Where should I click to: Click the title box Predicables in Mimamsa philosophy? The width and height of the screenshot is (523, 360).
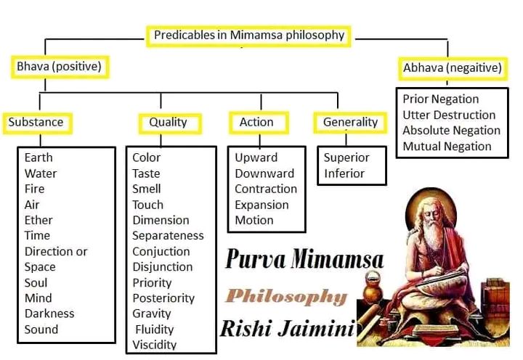[248, 36]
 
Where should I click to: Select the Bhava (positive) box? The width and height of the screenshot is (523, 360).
[60, 67]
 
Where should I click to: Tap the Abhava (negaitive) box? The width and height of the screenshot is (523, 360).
[453, 68]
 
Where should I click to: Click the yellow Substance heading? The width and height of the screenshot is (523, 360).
[37, 123]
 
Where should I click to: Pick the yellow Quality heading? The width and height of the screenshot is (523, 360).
[170, 123]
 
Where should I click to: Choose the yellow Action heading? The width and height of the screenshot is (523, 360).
[259, 123]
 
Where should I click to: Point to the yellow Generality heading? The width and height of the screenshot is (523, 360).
[350, 123]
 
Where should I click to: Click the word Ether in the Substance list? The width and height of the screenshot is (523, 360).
[38, 221]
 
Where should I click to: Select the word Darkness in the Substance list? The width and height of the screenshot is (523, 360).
[49, 314]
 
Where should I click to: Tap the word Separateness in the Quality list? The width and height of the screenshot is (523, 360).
[168, 236]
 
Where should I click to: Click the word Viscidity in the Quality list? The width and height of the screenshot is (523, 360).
[154, 345]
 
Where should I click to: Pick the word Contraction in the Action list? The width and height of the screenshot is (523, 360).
[266, 189]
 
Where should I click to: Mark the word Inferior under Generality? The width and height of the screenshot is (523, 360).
[344, 173]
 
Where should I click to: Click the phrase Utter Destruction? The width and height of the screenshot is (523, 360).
[449, 115]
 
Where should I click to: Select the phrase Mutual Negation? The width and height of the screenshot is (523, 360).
[447, 147]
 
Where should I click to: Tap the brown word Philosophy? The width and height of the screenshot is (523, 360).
[286, 297]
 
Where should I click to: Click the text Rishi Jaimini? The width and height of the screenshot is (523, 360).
[288, 329]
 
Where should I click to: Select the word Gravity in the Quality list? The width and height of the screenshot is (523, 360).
[151, 314]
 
